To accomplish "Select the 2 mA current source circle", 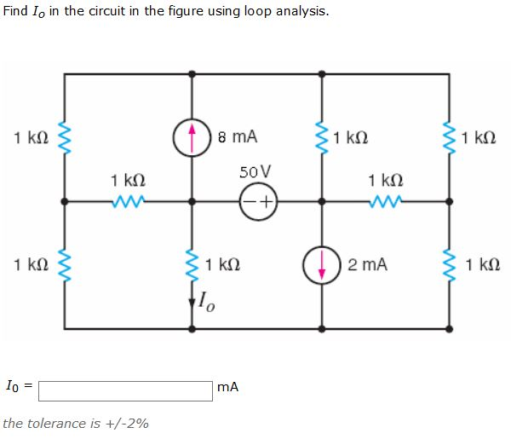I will pos(321,264).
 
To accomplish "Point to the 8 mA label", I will pos(238,136).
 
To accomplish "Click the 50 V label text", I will pos(256,172).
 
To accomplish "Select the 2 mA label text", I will pos(367,264).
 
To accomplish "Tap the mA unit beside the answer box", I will pos(227,387).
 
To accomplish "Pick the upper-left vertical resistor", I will pos(64,137).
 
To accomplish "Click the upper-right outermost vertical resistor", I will pos(449,137).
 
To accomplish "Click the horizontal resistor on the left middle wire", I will pos(128,202).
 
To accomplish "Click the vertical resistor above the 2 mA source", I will pos(321,137).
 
